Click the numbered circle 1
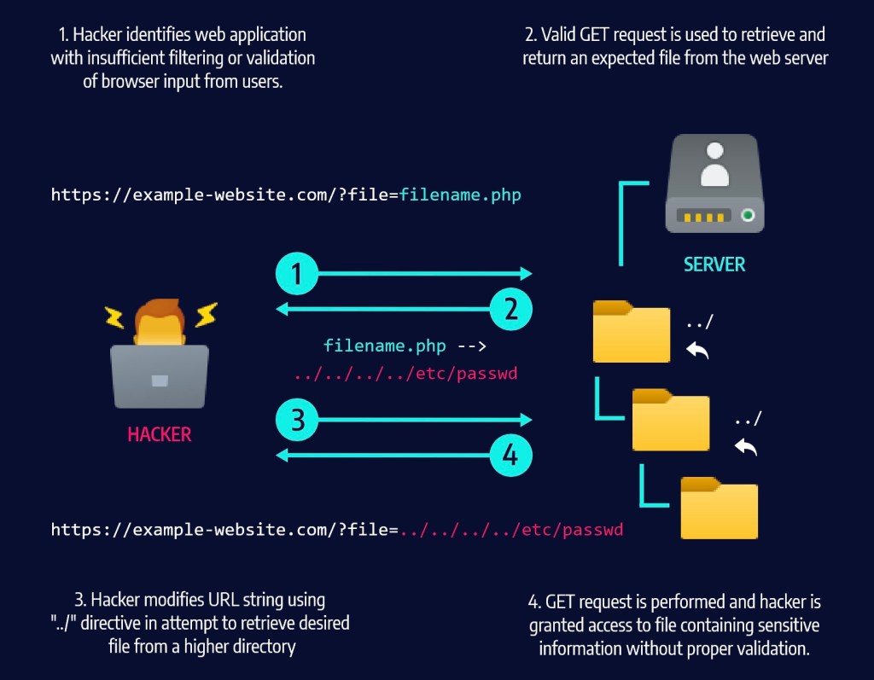click(296, 274)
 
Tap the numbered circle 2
click(511, 308)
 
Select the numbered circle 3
click(296, 419)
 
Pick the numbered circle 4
click(510, 455)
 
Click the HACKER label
click(160, 434)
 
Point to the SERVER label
click(714, 264)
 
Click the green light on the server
click(749, 216)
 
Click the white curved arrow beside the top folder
click(697, 350)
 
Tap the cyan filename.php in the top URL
click(461, 195)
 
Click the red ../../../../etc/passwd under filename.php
click(405, 374)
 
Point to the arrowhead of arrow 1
click(527, 274)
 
